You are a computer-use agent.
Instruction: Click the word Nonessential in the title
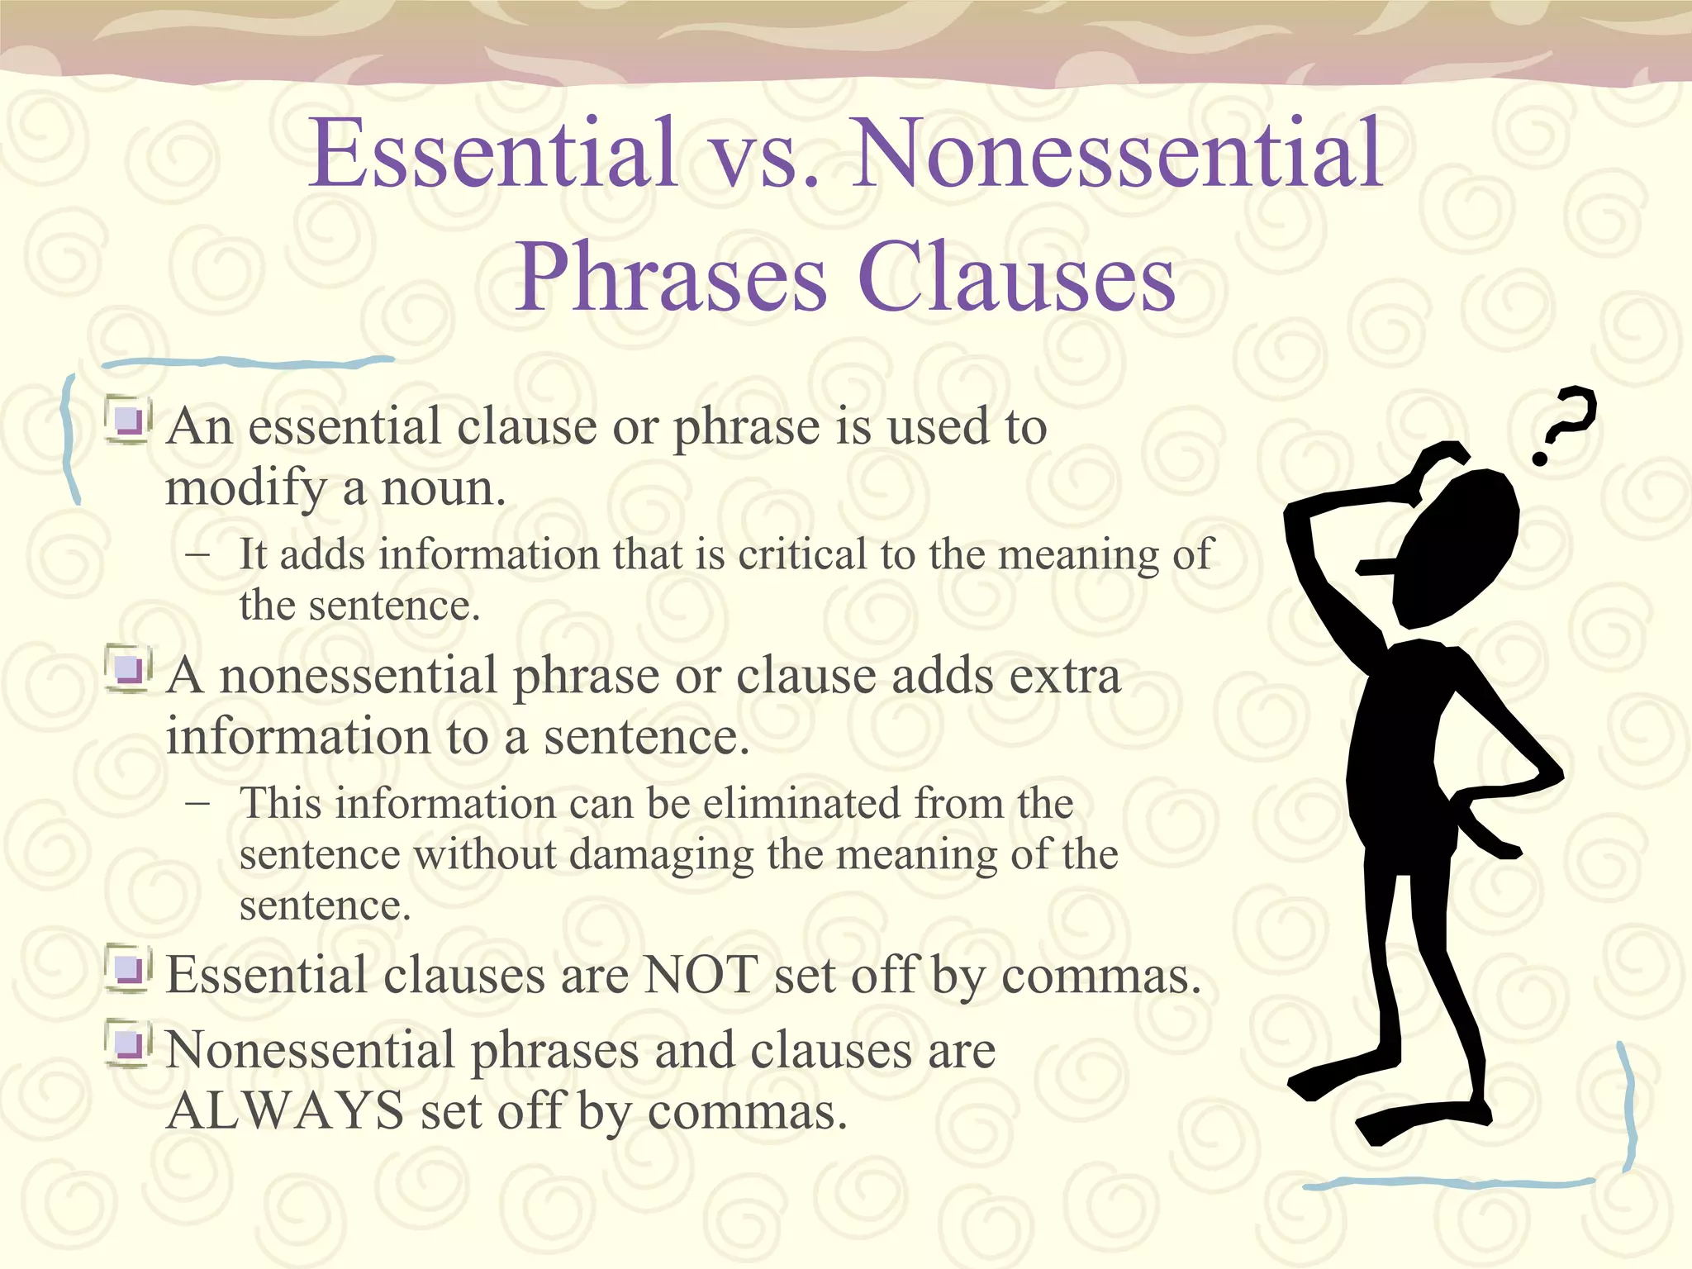click(x=1117, y=154)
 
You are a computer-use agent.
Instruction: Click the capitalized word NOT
click(x=700, y=975)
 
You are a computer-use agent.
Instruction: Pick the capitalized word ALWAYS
click(x=285, y=1110)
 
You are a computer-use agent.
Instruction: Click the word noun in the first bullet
click(x=443, y=487)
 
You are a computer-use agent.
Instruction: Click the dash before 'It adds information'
click(x=197, y=554)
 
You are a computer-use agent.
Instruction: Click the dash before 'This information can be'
click(x=197, y=803)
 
